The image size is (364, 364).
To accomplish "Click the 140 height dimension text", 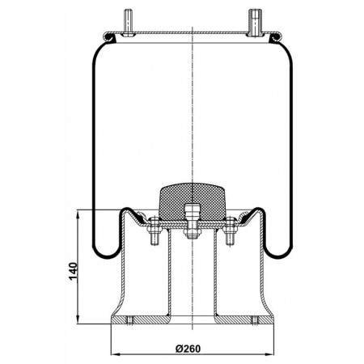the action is tap(74, 271).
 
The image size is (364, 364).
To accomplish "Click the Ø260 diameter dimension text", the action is tap(188, 349).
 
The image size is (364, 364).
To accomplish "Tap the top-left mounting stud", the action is tap(127, 23).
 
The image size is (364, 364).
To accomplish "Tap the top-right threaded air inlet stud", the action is tap(255, 23).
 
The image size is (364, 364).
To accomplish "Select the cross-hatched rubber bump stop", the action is tap(193, 201).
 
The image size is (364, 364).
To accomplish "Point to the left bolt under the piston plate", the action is tap(154, 231).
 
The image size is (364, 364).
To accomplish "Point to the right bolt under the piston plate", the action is tap(230, 231).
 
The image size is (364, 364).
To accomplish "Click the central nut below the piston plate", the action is tap(192, 233).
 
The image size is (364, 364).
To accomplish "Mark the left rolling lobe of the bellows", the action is tap(107, 255).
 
